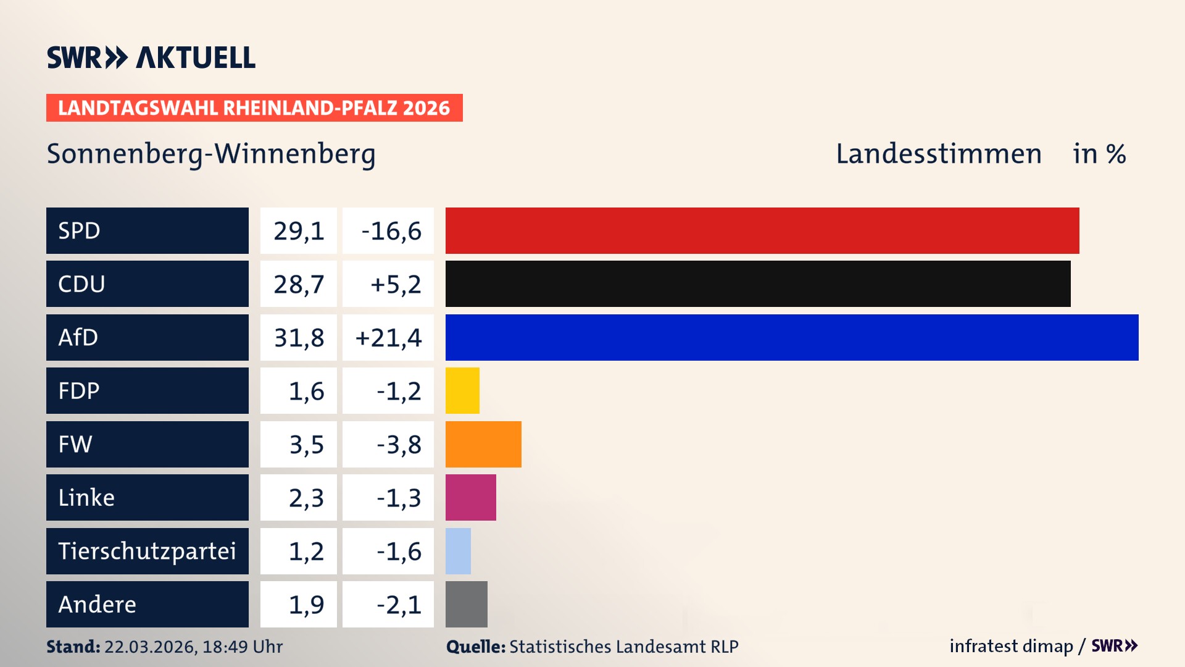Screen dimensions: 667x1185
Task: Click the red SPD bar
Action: coord(762,230)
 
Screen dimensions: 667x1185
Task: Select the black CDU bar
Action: coord(758,284)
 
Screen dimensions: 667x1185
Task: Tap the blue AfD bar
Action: coord(792,337)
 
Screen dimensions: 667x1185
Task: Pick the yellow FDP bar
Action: coord(462,391)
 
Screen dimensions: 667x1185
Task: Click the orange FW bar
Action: coord(483,444)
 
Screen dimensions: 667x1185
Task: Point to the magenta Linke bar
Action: coord(470,498)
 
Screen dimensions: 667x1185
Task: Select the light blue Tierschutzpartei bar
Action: coord(458,551)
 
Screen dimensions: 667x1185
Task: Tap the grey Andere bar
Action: coord(466,604)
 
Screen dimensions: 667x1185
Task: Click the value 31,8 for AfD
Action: coord(299,338)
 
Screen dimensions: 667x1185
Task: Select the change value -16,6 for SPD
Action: coord(391,231)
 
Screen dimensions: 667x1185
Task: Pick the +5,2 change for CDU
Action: coord(395,284)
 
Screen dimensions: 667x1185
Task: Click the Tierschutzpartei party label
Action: coord(147,551)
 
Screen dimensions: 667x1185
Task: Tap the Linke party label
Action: coord(86,498)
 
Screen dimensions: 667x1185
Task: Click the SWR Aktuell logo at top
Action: coord(151,57)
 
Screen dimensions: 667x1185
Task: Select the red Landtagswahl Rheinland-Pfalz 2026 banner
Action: coord(254,108)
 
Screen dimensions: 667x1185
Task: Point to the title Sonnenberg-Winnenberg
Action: coord(211,154)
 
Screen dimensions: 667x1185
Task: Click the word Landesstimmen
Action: coord(938,154)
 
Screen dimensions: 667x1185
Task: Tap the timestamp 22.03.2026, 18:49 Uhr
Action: coord(193,647)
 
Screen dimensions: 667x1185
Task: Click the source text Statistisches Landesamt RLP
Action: coord(623,647)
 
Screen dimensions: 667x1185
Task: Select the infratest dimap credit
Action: coord(1010,646)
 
